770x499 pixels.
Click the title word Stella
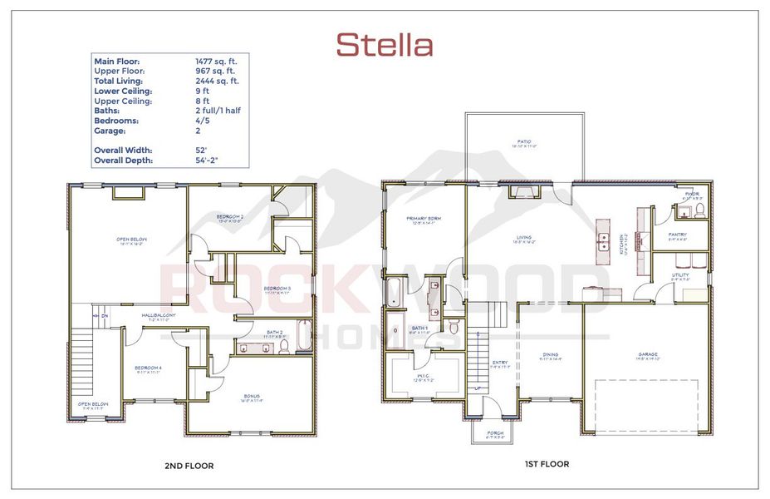(x=385, y=45)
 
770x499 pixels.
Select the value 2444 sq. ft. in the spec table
(x=217, y=81)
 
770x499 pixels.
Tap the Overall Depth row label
(x=124, y=160)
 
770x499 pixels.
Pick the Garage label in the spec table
(x=110, y=131)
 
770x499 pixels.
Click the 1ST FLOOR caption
(x=547, y=464)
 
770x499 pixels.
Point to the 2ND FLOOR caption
(x=190, y=467)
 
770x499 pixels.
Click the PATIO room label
(x=524, y=143)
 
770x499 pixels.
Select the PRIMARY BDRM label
(x=424, y=220)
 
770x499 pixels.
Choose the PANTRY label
(x=678, y=235)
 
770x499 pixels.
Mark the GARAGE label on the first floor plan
(x=648, y=355)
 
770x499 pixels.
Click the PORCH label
(x=496, y=432)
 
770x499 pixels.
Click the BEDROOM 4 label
(x=147, y=369)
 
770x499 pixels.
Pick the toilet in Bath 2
(x=284, y=347)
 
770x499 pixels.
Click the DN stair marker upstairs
(x=105, y=316)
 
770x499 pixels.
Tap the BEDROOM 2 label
(x=230, y=218)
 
